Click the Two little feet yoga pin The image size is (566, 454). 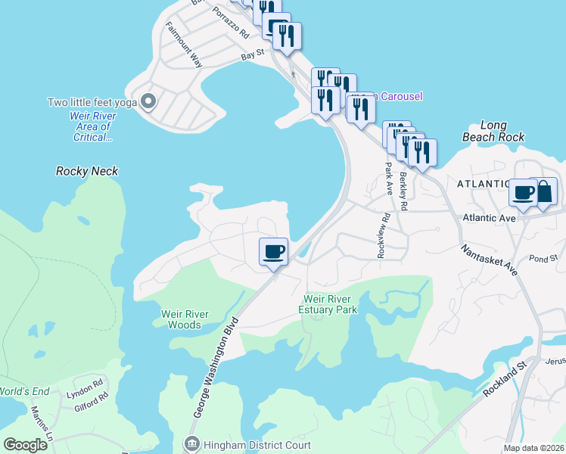click(x=149, y=101)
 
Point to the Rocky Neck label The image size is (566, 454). click(x=87, y=171)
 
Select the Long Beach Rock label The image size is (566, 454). click(x=493, y=131)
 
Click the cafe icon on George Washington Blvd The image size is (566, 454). click(x=273, y=250)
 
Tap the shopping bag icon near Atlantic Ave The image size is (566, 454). click(x=544, y=191)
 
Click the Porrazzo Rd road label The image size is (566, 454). click(x=230, y=26)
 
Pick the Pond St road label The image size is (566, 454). click(x=543, y=258)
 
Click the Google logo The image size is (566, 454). click(x=25, y=445)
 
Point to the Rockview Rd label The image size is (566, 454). click(x=385, y=235)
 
